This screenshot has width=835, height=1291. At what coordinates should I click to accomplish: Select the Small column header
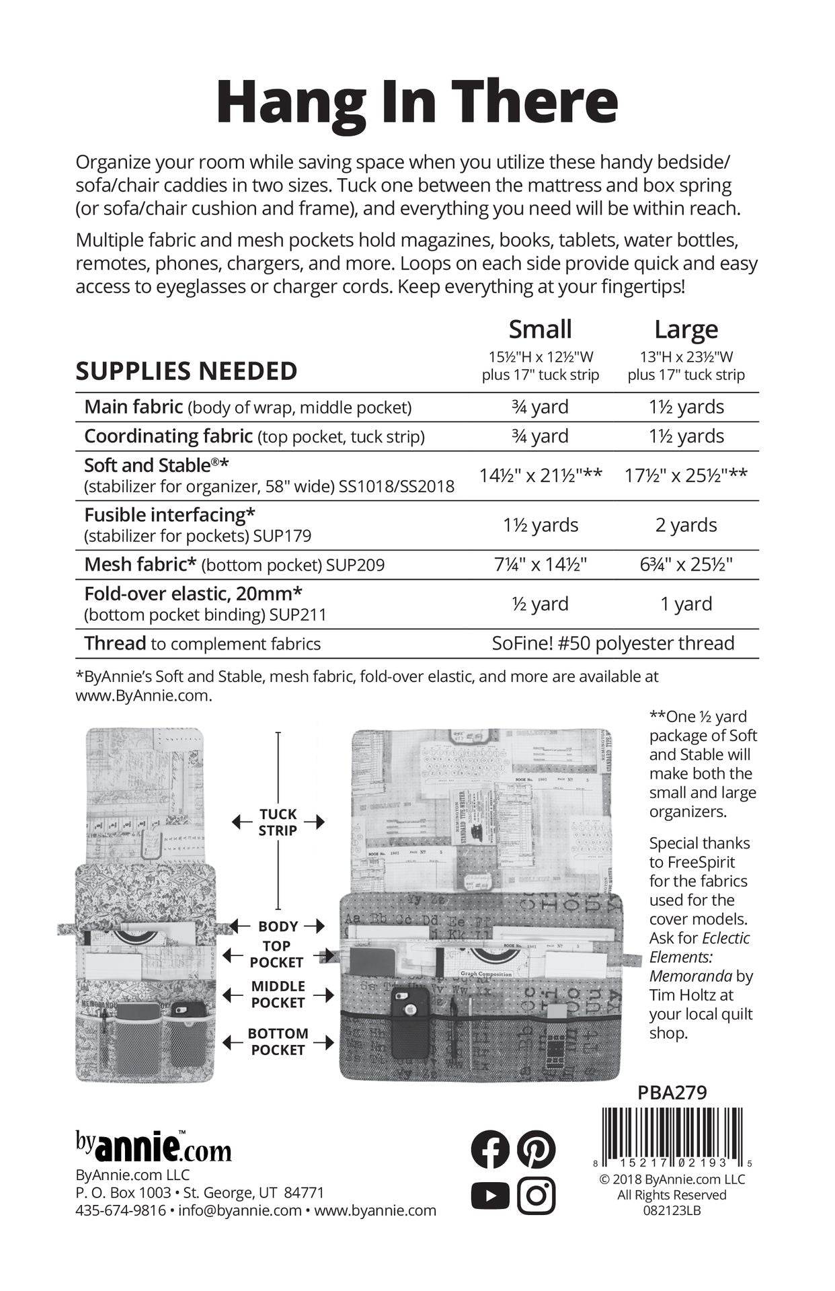point(540,329)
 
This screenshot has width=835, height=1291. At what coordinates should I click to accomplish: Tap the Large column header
point(686,329)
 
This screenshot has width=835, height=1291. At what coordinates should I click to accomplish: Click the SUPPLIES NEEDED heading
point(186,371)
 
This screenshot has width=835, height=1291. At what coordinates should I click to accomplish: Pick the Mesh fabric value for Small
point(541,564)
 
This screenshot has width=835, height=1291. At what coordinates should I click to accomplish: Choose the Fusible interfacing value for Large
point(686,525)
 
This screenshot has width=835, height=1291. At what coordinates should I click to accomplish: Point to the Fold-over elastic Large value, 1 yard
point(686,604)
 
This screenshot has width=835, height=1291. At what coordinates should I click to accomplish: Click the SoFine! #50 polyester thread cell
point(612,643)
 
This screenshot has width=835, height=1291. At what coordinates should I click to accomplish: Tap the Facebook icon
point(490,1149)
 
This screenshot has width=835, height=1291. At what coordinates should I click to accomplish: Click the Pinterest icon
point(536,1149)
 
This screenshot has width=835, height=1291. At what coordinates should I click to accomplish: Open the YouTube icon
point(490,1196)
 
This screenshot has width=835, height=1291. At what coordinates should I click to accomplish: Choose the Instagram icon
point(536,1196)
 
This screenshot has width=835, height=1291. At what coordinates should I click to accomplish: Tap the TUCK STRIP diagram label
point(278,822)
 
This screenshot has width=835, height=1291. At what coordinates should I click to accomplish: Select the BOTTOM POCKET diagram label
point(278,1042)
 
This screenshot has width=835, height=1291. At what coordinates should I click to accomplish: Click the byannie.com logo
point(153,1147)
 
